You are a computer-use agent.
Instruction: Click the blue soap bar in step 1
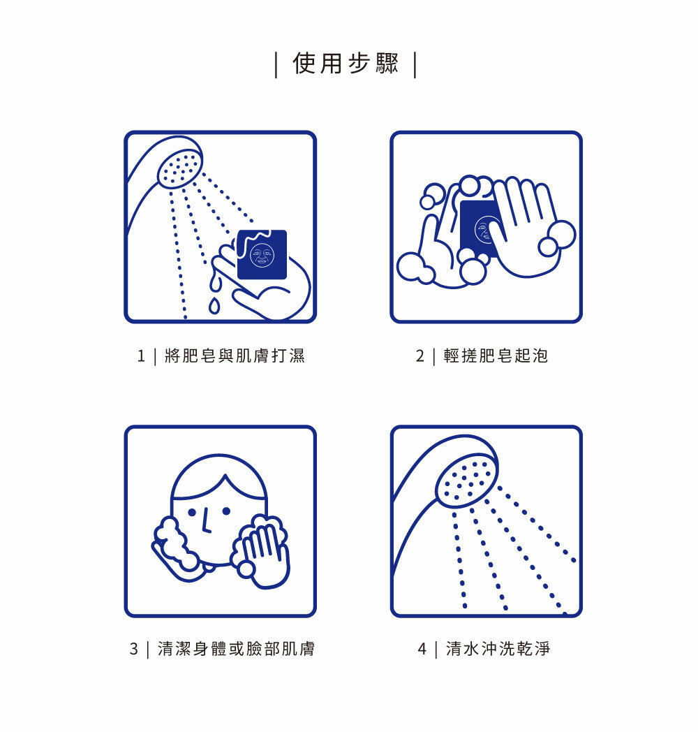pos(262,254)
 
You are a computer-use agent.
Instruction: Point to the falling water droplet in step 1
pos(214,305)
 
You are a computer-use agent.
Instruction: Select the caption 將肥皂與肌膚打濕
pos(235,356)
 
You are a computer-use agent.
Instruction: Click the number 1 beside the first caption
pos(142,356)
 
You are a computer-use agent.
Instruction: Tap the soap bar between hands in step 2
pos(479,228)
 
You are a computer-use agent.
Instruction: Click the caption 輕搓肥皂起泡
pos(496,356)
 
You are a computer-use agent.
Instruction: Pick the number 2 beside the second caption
pos(420,356)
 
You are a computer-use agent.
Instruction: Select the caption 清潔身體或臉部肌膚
pos(236,648)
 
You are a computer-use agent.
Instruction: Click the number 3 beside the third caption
pos(134,649)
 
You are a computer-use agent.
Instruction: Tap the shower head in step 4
pos(467,481)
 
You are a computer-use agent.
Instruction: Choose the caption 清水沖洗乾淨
pos(498,648)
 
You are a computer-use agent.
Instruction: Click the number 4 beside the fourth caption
pos(422,649)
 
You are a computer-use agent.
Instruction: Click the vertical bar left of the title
pos(276,65)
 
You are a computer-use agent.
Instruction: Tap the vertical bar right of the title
pos(415,65)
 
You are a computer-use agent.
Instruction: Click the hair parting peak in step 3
pos(225,475)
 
